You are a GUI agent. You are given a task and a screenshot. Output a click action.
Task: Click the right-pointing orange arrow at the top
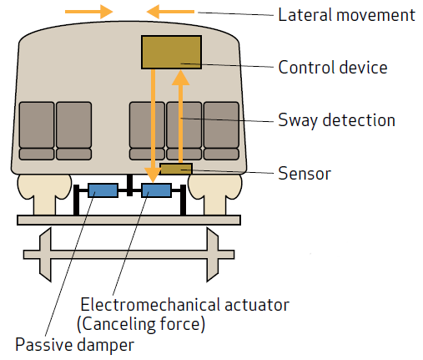tap(93, 12)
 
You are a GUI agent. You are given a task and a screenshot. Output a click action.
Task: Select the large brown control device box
tap(171, 52)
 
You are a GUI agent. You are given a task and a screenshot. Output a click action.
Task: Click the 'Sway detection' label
tap(335, 120)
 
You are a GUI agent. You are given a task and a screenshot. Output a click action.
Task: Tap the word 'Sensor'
tap(304, 174)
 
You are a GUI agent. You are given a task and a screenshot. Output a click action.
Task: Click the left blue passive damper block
tap(103, 190)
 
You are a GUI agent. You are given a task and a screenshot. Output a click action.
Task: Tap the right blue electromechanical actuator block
tap(157, 190)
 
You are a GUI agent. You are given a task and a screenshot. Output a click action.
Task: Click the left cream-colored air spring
tap(43, 193)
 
